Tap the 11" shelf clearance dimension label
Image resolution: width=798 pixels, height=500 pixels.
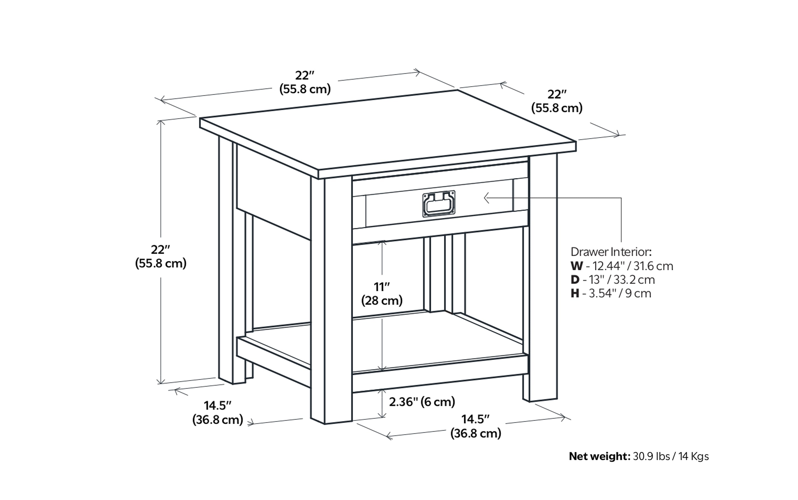[x=382, y=293]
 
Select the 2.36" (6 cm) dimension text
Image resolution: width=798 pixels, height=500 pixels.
[x=422, y=402]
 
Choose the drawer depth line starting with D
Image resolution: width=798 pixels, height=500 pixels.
[x=612, y=280]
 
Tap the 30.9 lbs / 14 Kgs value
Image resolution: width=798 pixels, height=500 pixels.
[x=671, y=456]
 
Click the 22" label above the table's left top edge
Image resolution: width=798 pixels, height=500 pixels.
[x=305, y=82]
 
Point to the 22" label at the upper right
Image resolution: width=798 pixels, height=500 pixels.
[x=557, y=101]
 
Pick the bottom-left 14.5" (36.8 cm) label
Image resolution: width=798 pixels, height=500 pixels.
[x=218, y=412]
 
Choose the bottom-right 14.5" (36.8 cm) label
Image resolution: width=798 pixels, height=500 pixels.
[x=476, y=426]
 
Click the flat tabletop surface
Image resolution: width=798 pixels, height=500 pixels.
[x=387, y=132]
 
